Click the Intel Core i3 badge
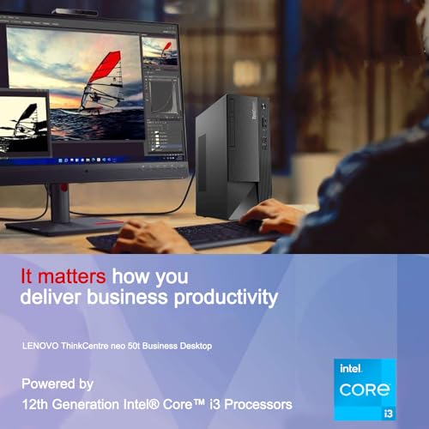[x=365, y=388]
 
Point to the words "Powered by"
[x=57, y=383]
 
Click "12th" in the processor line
[x=36, y=403]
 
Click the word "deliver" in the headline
[x=51, y=299]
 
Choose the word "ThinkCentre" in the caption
[x=88, y=346]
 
